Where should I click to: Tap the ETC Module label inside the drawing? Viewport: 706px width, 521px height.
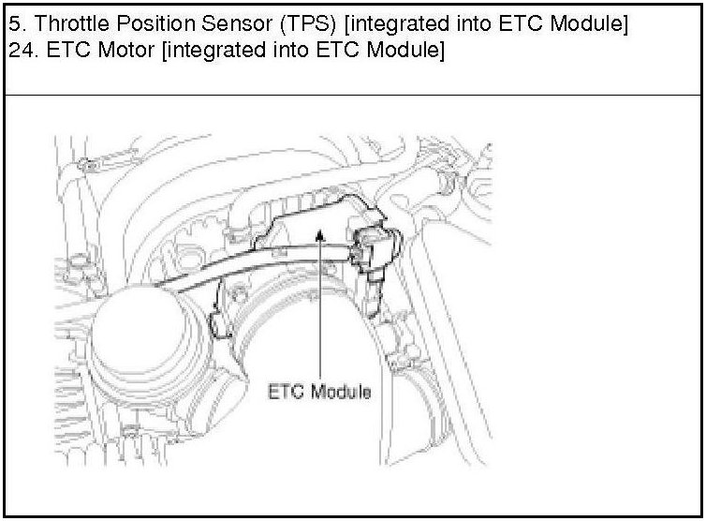tap(319, 392)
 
